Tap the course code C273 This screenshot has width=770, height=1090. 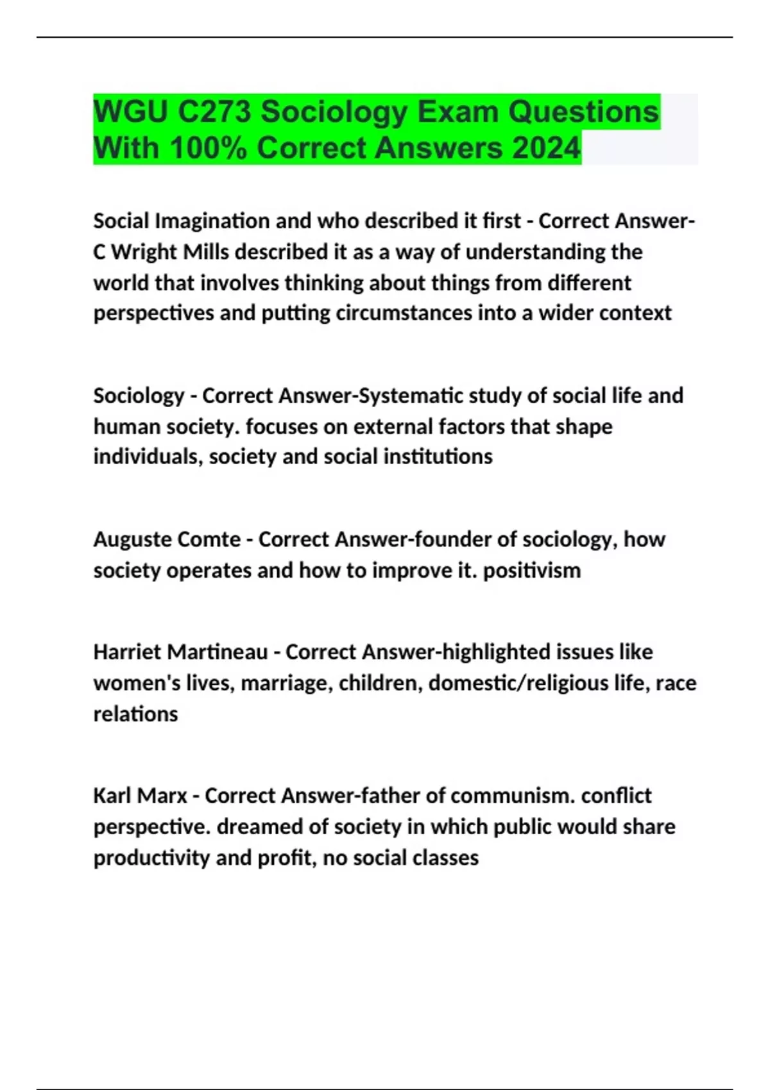214,112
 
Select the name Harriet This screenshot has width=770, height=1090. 127,652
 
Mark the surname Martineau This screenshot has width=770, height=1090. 218,652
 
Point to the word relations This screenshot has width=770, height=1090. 135,714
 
